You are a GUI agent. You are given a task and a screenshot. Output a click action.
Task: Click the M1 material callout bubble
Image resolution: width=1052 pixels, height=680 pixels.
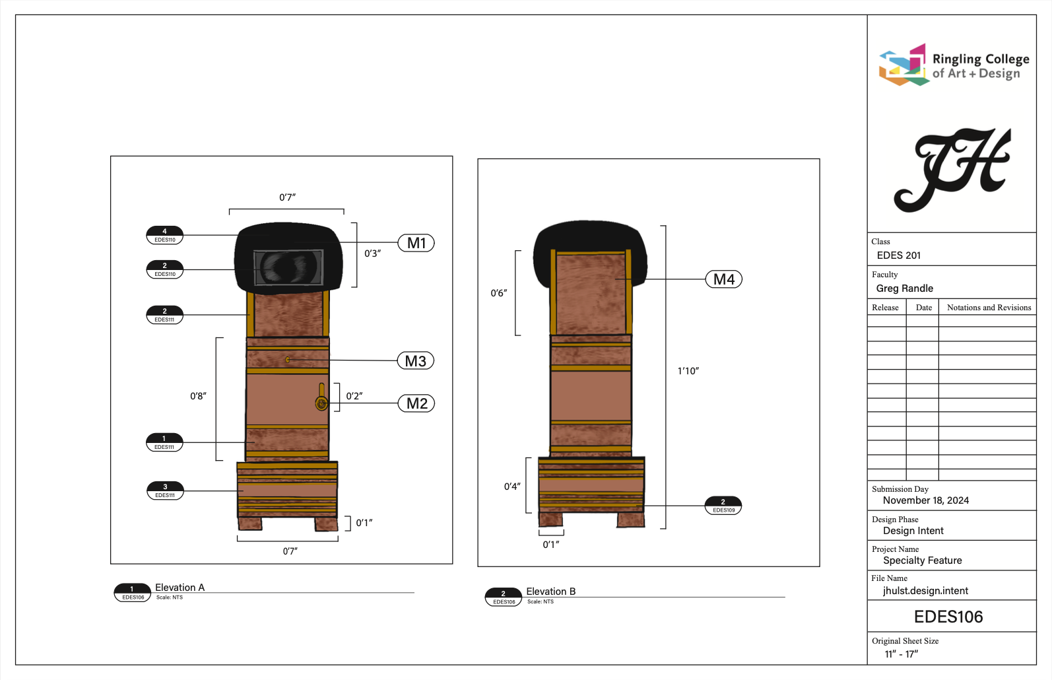[416, 243]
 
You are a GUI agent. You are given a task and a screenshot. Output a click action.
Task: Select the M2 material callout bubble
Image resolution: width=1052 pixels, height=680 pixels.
[416, 403]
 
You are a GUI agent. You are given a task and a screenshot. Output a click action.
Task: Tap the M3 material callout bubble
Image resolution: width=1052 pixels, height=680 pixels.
[416, 361]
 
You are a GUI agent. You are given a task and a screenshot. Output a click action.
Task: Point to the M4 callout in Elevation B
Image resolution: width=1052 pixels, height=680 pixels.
[723, 279]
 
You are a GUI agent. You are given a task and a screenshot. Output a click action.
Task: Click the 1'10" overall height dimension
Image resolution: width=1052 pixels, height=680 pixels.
[688, 371]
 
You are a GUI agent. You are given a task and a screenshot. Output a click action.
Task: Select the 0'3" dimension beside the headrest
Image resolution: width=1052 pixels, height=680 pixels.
[372, 254]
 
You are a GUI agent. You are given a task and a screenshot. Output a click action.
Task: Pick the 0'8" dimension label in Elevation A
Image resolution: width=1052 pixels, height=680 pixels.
[198, 396]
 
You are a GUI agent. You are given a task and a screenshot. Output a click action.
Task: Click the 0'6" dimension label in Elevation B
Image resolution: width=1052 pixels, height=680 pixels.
[498, 293]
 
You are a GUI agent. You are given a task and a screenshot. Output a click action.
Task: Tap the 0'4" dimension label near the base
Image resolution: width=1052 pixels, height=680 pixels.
[512, 487]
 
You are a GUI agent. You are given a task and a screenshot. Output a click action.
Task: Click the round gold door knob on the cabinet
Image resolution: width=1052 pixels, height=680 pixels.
[321, 403]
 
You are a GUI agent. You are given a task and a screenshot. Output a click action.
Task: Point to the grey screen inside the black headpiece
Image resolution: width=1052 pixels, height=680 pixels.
[288, 267]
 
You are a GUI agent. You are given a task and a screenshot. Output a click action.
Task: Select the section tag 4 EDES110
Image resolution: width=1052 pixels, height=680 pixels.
[164, 236]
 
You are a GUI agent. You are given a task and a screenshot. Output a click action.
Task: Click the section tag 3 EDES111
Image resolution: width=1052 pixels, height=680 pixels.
[165, 491]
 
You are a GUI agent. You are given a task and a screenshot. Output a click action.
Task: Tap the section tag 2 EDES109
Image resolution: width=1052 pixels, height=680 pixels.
[723, 506]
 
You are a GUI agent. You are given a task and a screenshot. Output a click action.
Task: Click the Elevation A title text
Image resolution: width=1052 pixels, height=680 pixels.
[180, 588]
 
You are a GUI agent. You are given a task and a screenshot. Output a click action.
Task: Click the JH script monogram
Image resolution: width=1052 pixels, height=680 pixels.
[952, 170]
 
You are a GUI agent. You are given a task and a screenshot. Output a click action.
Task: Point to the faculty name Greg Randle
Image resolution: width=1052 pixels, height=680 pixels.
[904, 289]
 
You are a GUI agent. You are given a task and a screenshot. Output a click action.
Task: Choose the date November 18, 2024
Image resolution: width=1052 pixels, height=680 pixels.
[925, 500]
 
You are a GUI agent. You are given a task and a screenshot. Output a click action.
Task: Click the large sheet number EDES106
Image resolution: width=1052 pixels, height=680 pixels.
[948, 617]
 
